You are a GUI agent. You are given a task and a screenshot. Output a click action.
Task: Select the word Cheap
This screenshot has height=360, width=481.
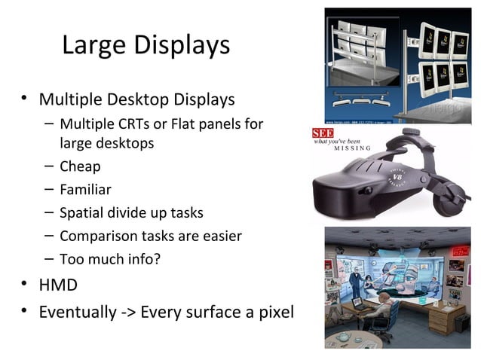[80, 166]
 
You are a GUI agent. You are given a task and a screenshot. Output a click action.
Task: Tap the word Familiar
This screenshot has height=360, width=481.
[85, 190]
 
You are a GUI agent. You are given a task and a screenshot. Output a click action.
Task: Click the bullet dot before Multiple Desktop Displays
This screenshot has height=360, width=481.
[25, 99]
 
